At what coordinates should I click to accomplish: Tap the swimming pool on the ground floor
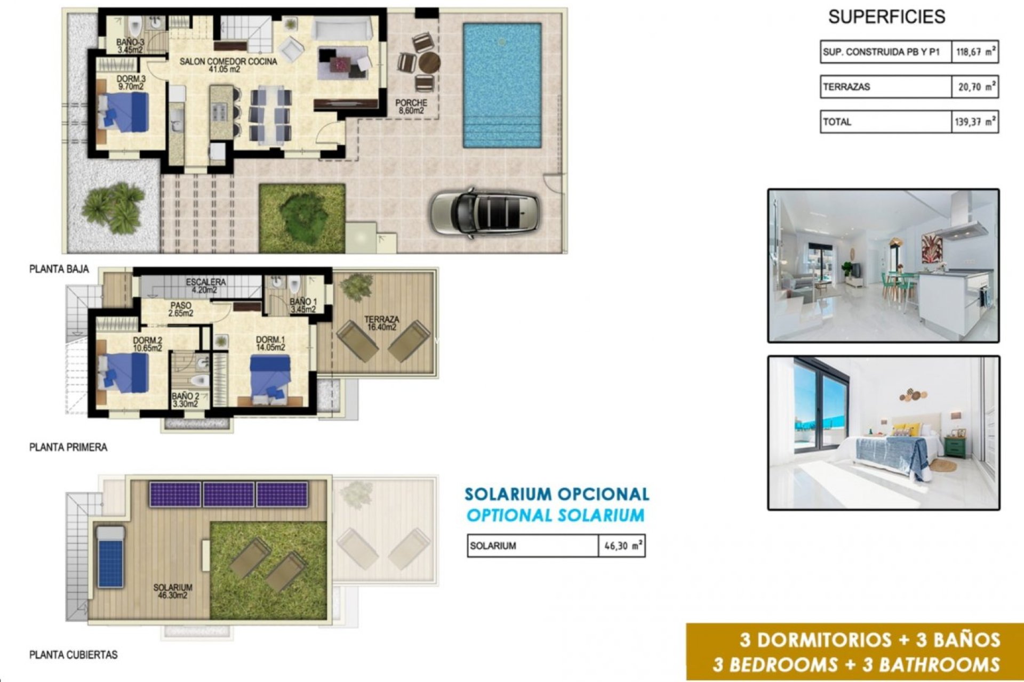[x=502, y=85]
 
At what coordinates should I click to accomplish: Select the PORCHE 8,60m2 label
[x=411, y=107]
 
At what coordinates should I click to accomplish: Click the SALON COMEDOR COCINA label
[x=228, y=65]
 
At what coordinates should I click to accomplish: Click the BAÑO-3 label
[x=130, y=46]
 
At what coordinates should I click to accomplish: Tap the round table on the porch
[x=429, y=63]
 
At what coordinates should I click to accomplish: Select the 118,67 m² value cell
[x=974, y=52]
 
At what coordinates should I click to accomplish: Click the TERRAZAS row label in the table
[x=846, y=87]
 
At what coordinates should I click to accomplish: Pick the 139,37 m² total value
[x=974, y=122]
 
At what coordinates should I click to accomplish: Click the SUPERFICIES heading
[x=886, y=17]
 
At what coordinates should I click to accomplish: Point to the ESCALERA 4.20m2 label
[x=206, y=286]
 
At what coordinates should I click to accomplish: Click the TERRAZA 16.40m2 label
[x=381, y=323]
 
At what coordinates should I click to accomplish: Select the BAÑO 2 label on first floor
[x=185, y=400]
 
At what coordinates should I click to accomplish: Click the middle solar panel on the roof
[x=228, y=494]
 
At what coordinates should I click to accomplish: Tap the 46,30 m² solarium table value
[x=622, y=546]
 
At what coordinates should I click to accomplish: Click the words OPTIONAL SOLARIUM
[x=555, y=515]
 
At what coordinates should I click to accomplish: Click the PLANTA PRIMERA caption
[x=68, y=448]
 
